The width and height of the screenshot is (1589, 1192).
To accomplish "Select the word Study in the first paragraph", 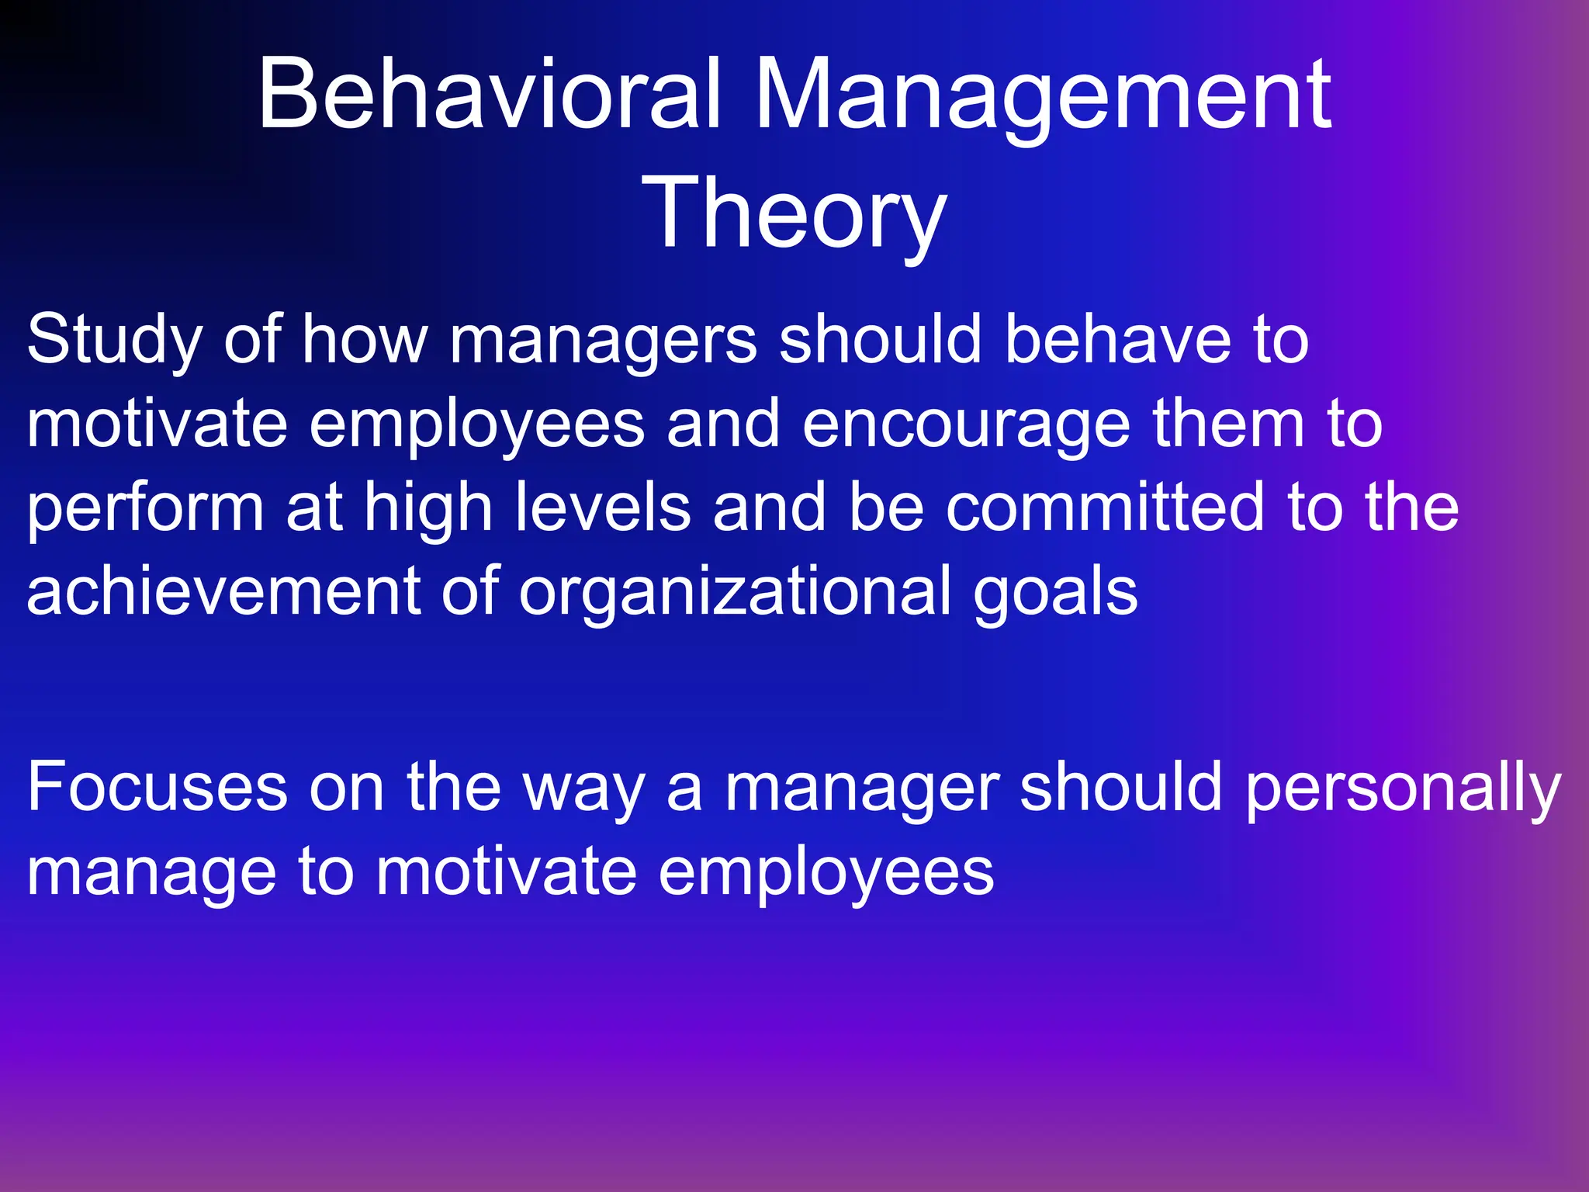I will click(x=114, y=339).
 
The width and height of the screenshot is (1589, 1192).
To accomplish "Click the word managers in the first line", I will click(x=603, y=339).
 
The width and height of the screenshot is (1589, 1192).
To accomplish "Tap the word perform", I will click(x=146, y=508).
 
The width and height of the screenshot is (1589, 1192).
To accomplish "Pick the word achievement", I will click(x=224, y=591).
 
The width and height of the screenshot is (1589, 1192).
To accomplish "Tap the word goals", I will click(x=1055, y=591).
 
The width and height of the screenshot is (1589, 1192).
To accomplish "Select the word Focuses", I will click(x=157, y=788).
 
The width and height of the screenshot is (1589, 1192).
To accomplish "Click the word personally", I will click(x=1403, y=788).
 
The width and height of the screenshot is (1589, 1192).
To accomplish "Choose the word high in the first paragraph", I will click(x=428, y=508).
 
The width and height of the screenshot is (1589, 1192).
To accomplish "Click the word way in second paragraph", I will click(x=583, y=788).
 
